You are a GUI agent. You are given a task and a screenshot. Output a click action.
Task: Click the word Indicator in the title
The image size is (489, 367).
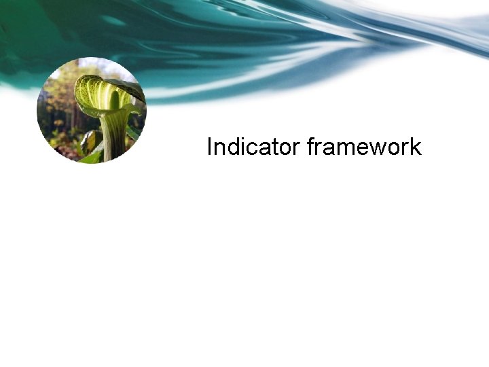[x=254, y=147]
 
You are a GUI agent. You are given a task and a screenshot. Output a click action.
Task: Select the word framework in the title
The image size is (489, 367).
[x=364, y=147]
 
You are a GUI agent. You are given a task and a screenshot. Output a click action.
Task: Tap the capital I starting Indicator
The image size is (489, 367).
[x=210, y=147]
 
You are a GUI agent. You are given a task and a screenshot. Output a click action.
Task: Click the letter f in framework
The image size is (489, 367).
[x=311, y=146]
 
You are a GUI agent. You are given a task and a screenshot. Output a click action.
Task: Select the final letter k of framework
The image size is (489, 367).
[x=416, y=147]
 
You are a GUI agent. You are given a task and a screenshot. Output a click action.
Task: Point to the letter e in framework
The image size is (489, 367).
[x=363, y=148]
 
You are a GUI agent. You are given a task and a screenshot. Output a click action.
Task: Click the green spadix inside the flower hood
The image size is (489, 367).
[x=114, y=101]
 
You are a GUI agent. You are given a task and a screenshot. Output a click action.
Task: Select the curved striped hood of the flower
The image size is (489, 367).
[x=102, y=88]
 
